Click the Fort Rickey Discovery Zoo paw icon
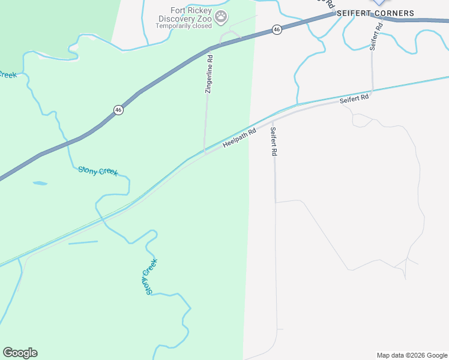point(221,17)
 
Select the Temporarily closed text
point(184,26)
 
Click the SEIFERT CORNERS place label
point(375,13)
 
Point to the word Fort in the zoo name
point(178,10)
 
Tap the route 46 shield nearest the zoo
point(276,29)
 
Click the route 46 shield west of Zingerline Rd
point(118,110)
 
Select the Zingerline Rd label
point(209,74)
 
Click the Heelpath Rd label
point(240,138)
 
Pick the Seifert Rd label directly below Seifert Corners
point(375,35)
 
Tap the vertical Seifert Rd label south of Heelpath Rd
point(274,142)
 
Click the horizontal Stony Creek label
point(98,171)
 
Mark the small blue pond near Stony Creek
point(40,183)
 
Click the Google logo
point(20,353)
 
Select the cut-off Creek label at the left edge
point(7,74)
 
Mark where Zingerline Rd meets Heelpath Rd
point(205,154)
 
